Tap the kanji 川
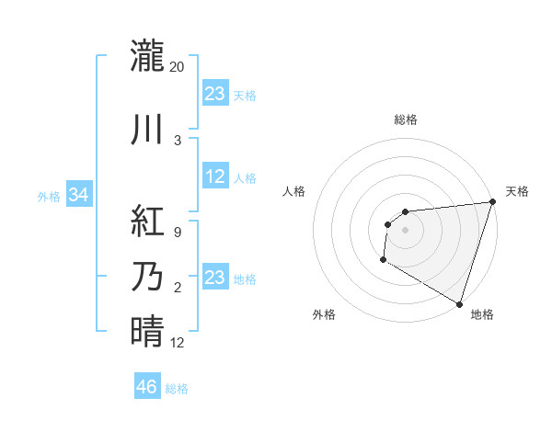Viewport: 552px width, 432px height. (x=147, y=130)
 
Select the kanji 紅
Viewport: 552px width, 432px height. (x=147, y=222)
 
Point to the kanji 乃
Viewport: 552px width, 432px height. (x=147, y=277)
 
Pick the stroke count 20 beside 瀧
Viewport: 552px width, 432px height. (x=178, y=67)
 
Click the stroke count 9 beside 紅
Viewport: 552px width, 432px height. (x=177, y=233)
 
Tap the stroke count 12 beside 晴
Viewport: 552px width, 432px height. (x=178, y=343)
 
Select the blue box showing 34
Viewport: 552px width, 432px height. (x=78, y=195)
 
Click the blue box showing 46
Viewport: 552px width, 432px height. (x=147, y=387)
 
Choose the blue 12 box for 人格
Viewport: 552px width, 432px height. (x=214, y=177)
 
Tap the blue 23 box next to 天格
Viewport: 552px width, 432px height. (x=214, y=94)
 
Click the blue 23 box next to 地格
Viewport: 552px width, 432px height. (x=214, y=278)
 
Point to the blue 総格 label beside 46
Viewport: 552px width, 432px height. (x=177, y=389)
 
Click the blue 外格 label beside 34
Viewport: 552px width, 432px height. (x=49, y=196)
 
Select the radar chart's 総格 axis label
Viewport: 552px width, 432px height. (x=405, y=120)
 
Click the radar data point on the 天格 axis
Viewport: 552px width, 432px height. (x=492, y=202)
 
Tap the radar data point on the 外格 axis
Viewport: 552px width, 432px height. (x=383, y=261)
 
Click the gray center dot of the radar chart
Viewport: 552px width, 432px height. (x=405, y=230)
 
